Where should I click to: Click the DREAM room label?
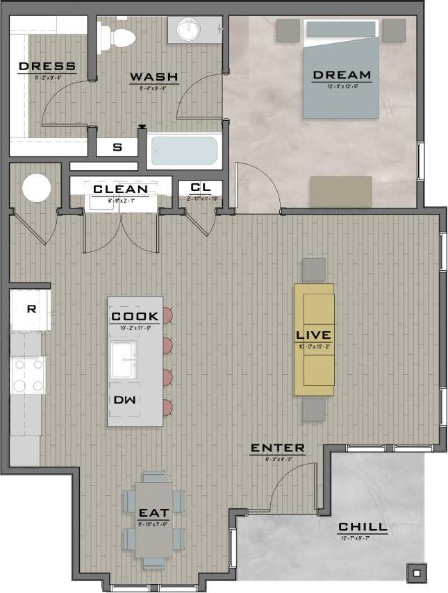click(341, 75)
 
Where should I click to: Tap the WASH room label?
click(154, 76)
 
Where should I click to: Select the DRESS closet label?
click(47, 67)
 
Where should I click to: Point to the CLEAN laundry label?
click(120, 189)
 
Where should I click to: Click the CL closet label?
click(200, 188)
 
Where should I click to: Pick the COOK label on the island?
click(135, 317)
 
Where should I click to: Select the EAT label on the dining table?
click(154, 512)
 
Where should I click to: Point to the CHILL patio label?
click(364, 528)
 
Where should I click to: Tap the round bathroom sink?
click(189, 30)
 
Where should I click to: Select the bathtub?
click(184, 149)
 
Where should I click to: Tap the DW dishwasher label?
click(123, 400)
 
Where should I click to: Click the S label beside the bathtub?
click(116, 147)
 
